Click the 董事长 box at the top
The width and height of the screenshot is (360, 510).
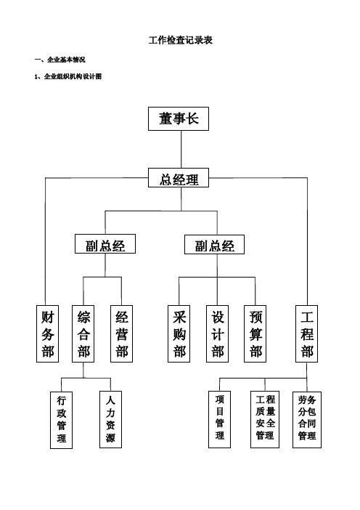(179, 118)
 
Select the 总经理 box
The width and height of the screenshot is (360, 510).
(179, 177)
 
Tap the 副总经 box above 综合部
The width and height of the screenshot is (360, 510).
(105, 244)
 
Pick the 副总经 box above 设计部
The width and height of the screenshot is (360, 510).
(214, 244)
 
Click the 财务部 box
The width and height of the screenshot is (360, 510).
(47, 333)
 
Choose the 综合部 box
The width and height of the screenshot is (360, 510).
(83, 333)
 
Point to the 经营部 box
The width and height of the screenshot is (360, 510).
(121, 333)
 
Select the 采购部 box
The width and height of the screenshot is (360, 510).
(179, 333)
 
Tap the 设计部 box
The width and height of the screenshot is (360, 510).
(217, 333)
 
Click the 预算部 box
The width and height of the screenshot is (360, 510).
(255, 333)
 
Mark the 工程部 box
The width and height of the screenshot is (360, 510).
(307, 333)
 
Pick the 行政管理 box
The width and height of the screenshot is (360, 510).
(62, 420)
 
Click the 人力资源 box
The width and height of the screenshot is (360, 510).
(111, 420)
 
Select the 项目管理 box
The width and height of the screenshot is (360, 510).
(220, 420)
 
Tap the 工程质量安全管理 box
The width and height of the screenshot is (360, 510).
(265, 420)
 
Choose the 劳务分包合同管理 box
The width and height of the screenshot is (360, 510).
(307, 420)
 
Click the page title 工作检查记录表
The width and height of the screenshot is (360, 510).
(181, 40)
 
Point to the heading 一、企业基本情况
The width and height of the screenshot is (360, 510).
(60, 60)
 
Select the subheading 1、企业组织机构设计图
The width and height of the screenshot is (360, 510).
(68, 76)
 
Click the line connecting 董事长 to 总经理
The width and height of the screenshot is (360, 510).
(181, 149)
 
